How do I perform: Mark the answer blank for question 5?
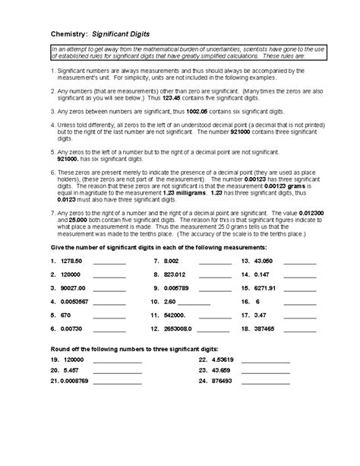point(109,317)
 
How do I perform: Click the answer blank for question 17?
point(299,317)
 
